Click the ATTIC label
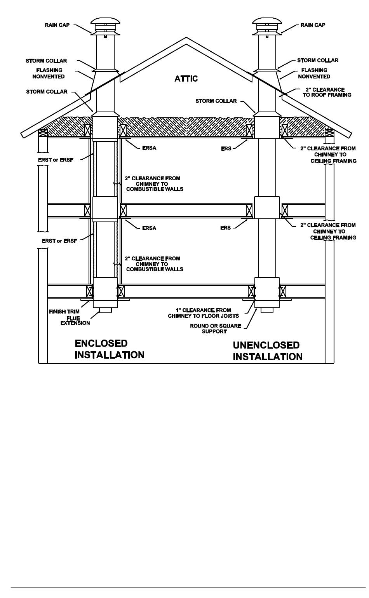(x=186, y=78)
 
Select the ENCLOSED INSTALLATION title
(x=109, y=349)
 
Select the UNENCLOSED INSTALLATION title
(x=267, y=351)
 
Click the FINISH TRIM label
(x=64, y=312)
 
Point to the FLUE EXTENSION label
(x=75, y=321)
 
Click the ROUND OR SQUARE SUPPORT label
(x=215, y=328)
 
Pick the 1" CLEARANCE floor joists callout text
(x=203, y=313)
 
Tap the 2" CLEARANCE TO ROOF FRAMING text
(x=327, y=92)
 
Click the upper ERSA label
(x=149, y=148)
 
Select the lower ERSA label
(x=149, y=228)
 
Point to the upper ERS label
(x=226, y=148)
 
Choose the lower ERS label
(x=225, y=228)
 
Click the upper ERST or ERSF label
(x=56, y=160)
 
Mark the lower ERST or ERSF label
(x=59, y=241)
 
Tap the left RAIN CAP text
(x=57, y=25)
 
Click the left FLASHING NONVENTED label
(x=49, y=73)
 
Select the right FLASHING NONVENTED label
(x=314, y=73)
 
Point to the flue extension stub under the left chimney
(x=105, y=310)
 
